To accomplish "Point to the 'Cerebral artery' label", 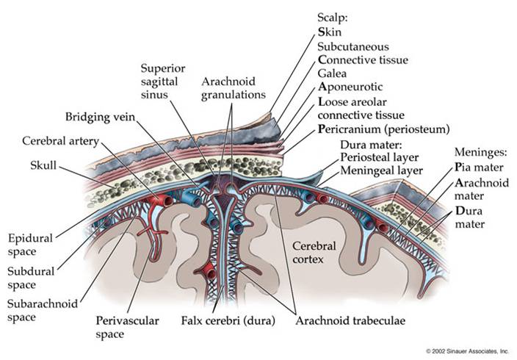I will [x=57, y=140].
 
